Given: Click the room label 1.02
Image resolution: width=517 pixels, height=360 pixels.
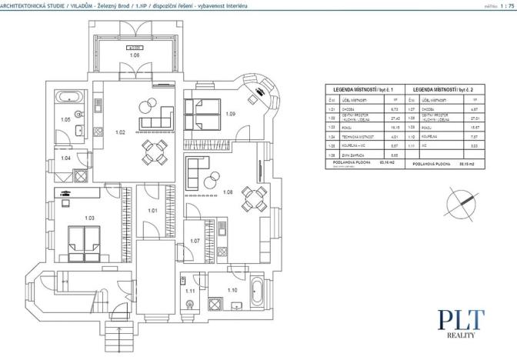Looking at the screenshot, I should click(x=120, y=133).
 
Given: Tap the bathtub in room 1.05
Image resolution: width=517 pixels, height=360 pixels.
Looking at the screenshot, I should click(x=68, y=98).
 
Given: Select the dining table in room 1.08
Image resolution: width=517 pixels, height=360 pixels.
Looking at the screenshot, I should click(x=253, y=199).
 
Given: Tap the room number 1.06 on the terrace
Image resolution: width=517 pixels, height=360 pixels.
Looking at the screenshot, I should click(x=134, y=56).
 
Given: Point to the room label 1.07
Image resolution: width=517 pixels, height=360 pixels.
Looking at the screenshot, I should click(x=194, y=241).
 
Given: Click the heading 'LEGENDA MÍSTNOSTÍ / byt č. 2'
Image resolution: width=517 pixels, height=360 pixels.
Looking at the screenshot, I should click(x=444, y=90).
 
